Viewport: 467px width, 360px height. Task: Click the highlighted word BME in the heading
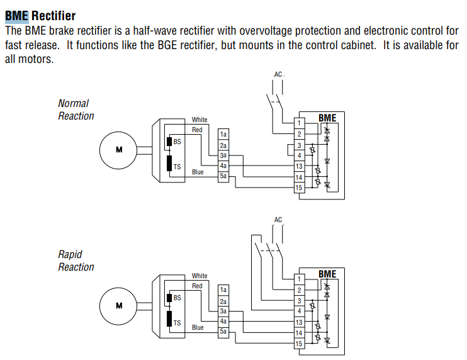click(16, 16)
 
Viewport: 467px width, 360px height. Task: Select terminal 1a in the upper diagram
click(223, 134)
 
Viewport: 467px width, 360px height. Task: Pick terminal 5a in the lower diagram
click(223, 332)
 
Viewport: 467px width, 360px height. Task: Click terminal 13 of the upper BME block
click(299, 166)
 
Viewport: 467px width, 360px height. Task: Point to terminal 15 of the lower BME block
click(299, 344)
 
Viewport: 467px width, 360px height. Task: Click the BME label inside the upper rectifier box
click(327, 118)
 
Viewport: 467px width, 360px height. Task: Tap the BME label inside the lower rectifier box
click(327, 274)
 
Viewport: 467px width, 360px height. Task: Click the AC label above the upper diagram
click(278, 74)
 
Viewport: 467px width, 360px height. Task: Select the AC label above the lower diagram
click(278, 220)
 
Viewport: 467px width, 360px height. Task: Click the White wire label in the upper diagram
click(200, 120)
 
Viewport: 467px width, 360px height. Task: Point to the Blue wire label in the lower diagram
click(198, 327)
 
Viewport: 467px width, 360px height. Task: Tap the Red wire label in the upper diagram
click(197, 130)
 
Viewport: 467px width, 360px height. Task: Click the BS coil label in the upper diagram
click(177, 142)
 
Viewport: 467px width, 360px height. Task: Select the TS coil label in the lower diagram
click(177, 323)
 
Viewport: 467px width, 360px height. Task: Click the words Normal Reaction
click(76, 110)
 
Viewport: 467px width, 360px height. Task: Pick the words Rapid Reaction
click(76, 261)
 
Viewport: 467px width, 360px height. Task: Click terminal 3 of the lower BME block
click(299, 301)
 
